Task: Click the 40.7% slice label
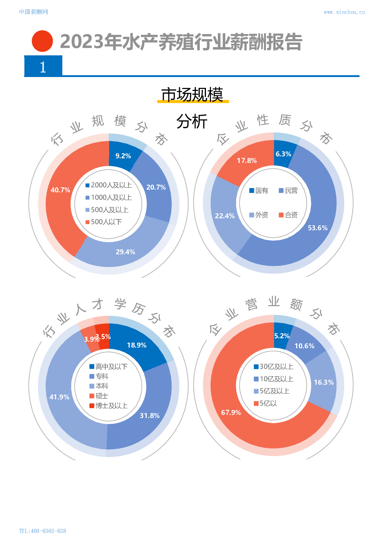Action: tap(60, 190)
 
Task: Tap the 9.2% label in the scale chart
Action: tap(123, 156)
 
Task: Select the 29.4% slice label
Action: tap(125, 252)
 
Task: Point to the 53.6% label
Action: tap(317, 228)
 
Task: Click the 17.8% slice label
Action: tap(247, 161)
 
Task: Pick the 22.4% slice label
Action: tap(225, 216)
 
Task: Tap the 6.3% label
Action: tap(283, 154)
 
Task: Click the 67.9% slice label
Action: tap(231, 413)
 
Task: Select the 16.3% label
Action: tap(324, 382)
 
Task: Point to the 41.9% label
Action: tap(59, 397)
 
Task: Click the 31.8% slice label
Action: tap(149, 416)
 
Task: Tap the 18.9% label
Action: tap(137, 345)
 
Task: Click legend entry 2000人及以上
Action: tap(109, 185)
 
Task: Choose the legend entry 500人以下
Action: tap(103, 222)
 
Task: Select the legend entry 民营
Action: tap(288, 191)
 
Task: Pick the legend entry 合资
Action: tap(288, 215)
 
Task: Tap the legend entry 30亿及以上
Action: tap(273, 367)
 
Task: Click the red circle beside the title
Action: tap(42, 41)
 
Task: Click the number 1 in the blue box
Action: tap(43, 67)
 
